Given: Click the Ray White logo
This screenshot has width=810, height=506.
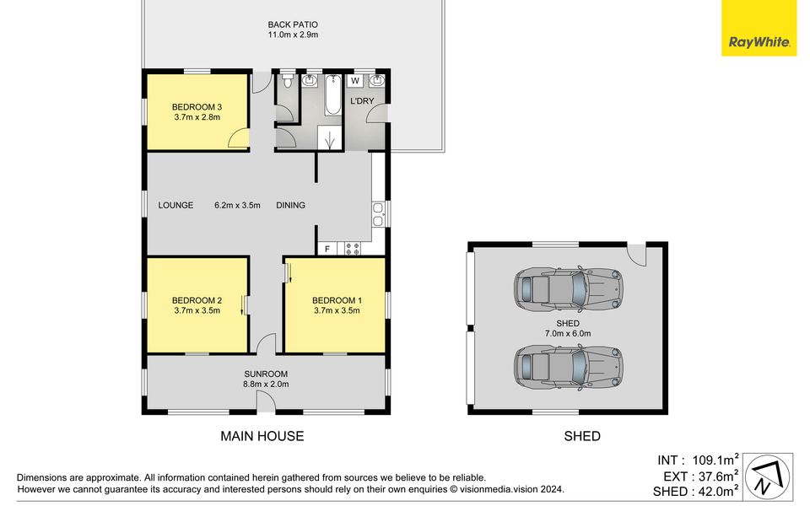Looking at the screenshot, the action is [x=759, y=28].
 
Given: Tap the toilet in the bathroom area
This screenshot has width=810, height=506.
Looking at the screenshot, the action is [x=288, y=81].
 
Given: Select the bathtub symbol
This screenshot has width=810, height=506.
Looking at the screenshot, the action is [x=332, y=95].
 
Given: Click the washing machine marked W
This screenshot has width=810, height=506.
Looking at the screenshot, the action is [x=355, y=81].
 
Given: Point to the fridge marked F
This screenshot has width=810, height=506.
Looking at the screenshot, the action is [x=327, y=249].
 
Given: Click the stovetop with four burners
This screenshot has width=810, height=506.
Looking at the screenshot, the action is [x=353, y=249].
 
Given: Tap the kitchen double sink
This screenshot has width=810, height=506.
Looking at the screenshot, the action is [x=378, y=215].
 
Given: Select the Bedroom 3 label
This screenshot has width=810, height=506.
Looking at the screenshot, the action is [x=197, y=107].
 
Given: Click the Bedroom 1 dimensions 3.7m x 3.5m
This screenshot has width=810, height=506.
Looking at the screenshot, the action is [x=337, y=310].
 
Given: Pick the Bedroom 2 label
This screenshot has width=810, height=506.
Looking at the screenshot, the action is [x=197, y=300].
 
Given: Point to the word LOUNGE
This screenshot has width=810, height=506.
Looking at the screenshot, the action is [x=175, y=205].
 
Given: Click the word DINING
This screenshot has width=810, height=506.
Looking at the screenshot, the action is [x=291, y=205].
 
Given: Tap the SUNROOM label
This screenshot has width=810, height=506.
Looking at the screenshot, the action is [x=266, y=374].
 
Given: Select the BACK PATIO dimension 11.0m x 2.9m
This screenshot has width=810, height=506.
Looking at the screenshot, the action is [x=293, y=35].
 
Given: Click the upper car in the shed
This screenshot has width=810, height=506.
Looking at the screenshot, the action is [x=568, y=288].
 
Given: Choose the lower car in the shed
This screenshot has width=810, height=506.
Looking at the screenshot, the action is [x=568, y=368].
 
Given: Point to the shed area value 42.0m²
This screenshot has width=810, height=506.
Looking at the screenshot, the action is [x=715, y=491].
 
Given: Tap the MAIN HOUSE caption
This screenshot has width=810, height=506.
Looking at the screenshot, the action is [x=262, y=436].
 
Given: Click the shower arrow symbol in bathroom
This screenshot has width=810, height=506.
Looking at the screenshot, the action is [x=330, y=138].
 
